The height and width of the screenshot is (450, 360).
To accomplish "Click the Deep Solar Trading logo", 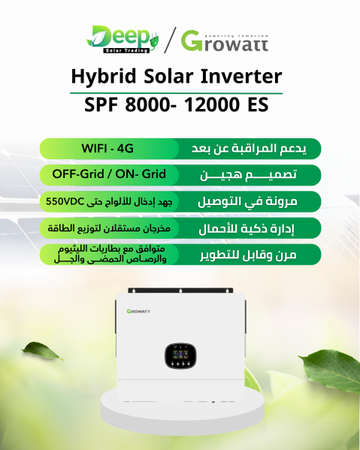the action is click(x=123, y=39).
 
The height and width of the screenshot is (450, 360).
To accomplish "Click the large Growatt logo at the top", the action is click(x=225, y=41).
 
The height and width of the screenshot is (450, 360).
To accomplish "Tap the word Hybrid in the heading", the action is click(x=104, y=77).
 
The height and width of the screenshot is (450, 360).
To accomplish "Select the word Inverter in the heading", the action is click(x=241, y=77).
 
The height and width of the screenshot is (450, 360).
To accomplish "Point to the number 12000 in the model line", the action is click(x=212, y=104).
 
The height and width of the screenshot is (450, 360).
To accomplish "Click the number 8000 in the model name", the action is click(x=148, y=104).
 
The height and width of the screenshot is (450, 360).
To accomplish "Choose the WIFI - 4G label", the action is click(x=107, y=149).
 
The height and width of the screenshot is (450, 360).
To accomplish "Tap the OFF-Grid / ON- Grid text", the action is click(x=109, y=174).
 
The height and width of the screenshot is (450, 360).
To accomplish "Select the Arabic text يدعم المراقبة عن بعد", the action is click(x=249, y=149).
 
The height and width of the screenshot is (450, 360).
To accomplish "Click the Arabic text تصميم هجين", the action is click(x=248, y=175).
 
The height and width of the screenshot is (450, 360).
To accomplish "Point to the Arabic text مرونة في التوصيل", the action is click(x=247, y=201).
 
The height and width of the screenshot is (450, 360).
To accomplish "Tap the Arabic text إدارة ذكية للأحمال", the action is click(x=247, y=228).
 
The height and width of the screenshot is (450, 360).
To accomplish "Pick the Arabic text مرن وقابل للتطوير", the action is click(x=248, y=255).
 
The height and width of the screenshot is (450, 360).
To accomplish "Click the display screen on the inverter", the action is click(x=180, y=356).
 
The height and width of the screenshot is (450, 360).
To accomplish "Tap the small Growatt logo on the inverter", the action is click(x=138, y=311).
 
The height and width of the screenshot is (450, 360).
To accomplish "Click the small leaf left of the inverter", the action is click(x=42, y=350).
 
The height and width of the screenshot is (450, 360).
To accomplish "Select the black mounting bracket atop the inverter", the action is click(x=180, y=291).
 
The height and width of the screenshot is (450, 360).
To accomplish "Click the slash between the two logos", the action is click(x=170, y=40).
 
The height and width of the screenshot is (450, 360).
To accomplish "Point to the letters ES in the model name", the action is click(x=258, y=104).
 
